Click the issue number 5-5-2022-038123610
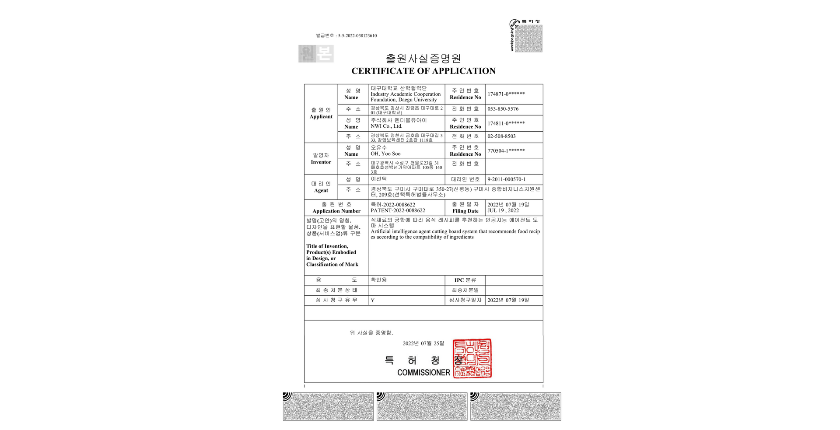click(357, 36)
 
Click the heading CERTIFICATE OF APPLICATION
click(423, 71)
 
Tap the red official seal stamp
click(472, 358)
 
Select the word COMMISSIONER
click(423, 373)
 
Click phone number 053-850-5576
click(503, 109)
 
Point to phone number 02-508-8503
click(501, 136)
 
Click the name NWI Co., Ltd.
click(386, 126)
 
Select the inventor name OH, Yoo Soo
click(385, 154)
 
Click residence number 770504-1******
click(506, 151)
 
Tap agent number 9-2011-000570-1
click(506, 179)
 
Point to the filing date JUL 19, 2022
click(503, 210)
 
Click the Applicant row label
click(321, 117)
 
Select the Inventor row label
click(321, 162)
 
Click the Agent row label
click(321, 190)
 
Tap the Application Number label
click(336, 211)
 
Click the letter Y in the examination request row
click(373, 301)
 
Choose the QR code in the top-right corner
click(528, 38)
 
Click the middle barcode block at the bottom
click(422, 406)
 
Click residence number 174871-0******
click(506, 94)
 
